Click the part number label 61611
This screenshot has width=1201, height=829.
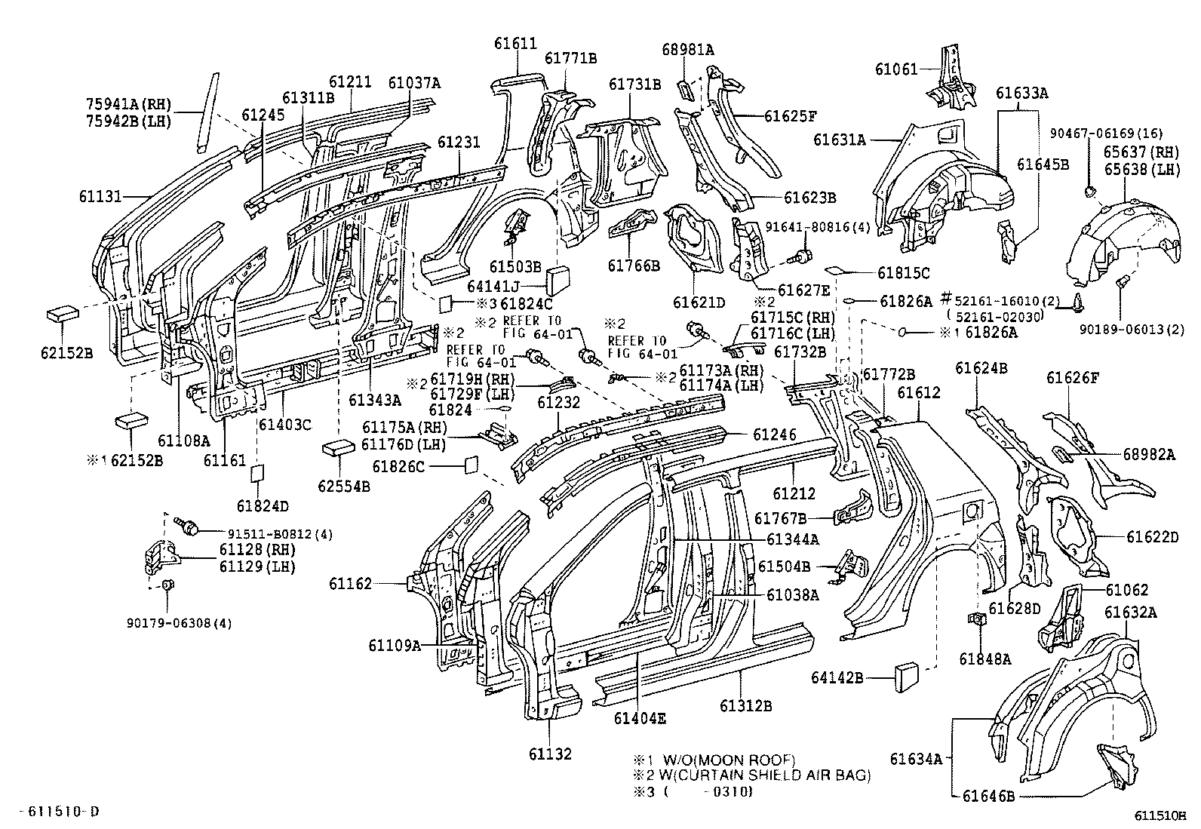[515, 44]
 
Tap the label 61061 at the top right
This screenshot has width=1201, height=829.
[896, 69]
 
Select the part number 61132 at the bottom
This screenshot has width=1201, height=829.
[550, 753]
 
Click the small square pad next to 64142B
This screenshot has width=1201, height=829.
[906, 676]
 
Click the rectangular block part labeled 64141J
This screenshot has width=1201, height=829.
[559, 279]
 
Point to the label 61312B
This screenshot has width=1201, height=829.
[745, 705]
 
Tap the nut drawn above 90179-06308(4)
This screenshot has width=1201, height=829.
[169, 585]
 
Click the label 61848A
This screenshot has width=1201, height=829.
[985, 659]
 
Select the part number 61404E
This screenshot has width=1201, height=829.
[640, 718]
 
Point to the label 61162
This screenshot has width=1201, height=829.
[350, 583]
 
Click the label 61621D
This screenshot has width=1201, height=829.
[699, 302]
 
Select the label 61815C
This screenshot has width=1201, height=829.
[903, 273]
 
